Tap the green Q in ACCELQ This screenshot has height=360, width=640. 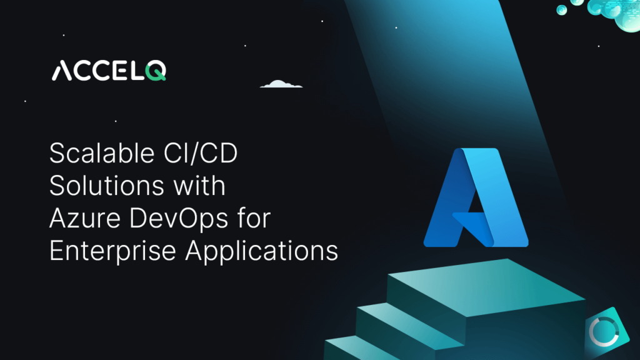click(157, 71)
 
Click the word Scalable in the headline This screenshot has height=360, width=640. click(91, 153)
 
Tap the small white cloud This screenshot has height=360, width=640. click(281, 84)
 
